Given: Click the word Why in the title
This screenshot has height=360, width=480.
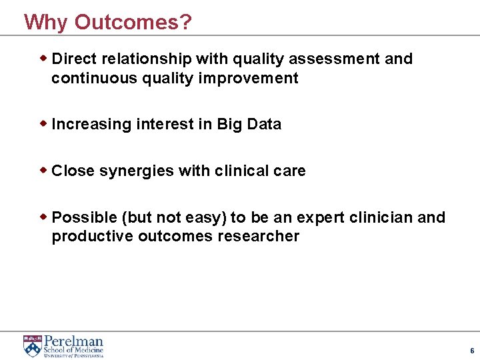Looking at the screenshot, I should click(x=46, y=22).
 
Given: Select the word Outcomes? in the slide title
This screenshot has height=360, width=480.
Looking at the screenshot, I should click(x=133, y=22).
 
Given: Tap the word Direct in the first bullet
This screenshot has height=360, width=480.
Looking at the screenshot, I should click(x=73, y=59).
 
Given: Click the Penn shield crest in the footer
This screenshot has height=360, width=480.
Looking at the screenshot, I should click(x=32, y=346).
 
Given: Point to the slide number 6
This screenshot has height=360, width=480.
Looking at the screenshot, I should click(x=472, y=351).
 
